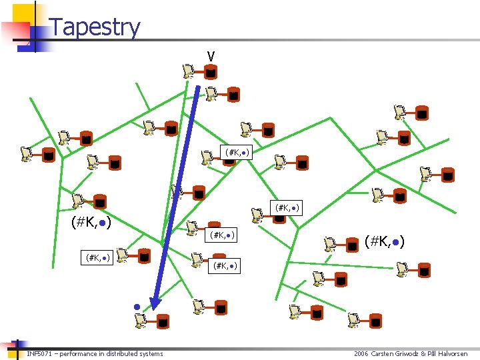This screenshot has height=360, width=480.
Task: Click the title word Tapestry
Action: [x=95, y=27]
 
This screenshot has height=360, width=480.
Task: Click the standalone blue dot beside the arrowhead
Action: [x=136, y=307]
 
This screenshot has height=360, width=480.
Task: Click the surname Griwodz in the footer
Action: [x=414, y=353]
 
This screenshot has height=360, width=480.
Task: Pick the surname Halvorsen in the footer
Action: [x=453, y=353]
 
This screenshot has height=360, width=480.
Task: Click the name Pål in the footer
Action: [x=435, y=353]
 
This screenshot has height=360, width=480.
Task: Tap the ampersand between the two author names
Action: [x=428, y=353]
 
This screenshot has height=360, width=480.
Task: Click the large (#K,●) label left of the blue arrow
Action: [x=91, y=221]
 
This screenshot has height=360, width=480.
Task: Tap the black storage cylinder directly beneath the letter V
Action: [x=210, y=71]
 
